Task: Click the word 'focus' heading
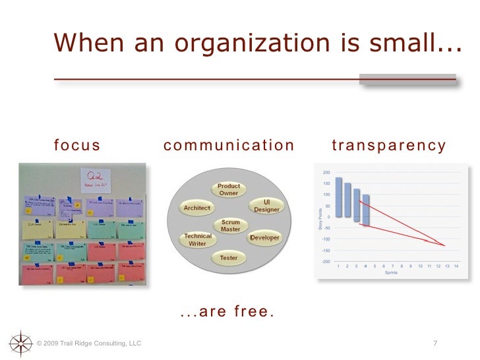pos(77,146)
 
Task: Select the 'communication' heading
pos(229,146)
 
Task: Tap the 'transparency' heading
pos(389,146)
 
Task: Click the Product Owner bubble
pos(229,189)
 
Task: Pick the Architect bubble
pos(197,208)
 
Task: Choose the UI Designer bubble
pos(266,206)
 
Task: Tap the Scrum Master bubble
pos(231,226)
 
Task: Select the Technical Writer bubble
pos(198,239)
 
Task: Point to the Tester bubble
pos(229,258)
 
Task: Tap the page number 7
pos(435,344)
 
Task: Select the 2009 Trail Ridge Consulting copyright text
pos(89,344)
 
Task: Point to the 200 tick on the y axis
pos(326,172)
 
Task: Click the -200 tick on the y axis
pos(325,262)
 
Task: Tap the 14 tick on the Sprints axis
pos(456,266)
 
